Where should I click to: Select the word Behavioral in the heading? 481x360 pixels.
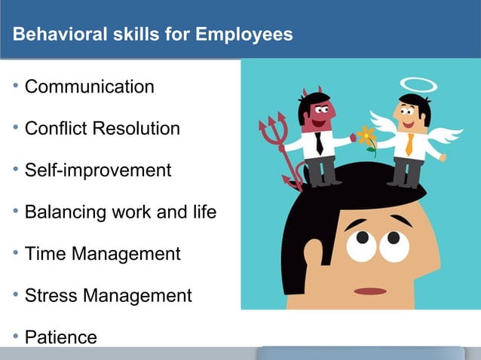(x=54, y=35)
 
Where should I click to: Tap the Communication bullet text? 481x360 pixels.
(x=90, y=87)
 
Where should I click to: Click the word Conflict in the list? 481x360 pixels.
(x=54, y=129)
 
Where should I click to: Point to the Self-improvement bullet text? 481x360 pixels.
(x=98, y=170)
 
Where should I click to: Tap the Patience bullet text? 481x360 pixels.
(x=61, y=337)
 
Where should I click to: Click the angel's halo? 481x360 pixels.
(x=418, y=85)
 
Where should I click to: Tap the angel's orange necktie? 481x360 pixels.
(x=409, y=144)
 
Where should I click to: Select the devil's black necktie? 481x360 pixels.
(x=320, y=144)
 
